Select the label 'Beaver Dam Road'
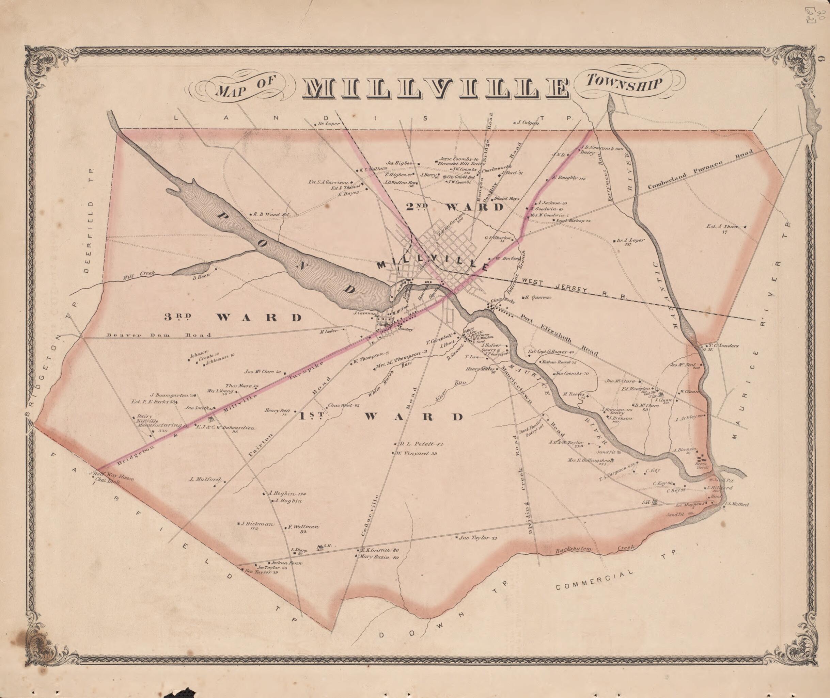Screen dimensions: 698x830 (x=158, y=335)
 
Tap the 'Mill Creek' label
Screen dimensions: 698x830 (x=139, y=275)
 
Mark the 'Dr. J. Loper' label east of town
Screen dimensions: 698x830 (x=631, y=240)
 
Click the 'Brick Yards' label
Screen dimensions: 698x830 (x=702, y=465)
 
